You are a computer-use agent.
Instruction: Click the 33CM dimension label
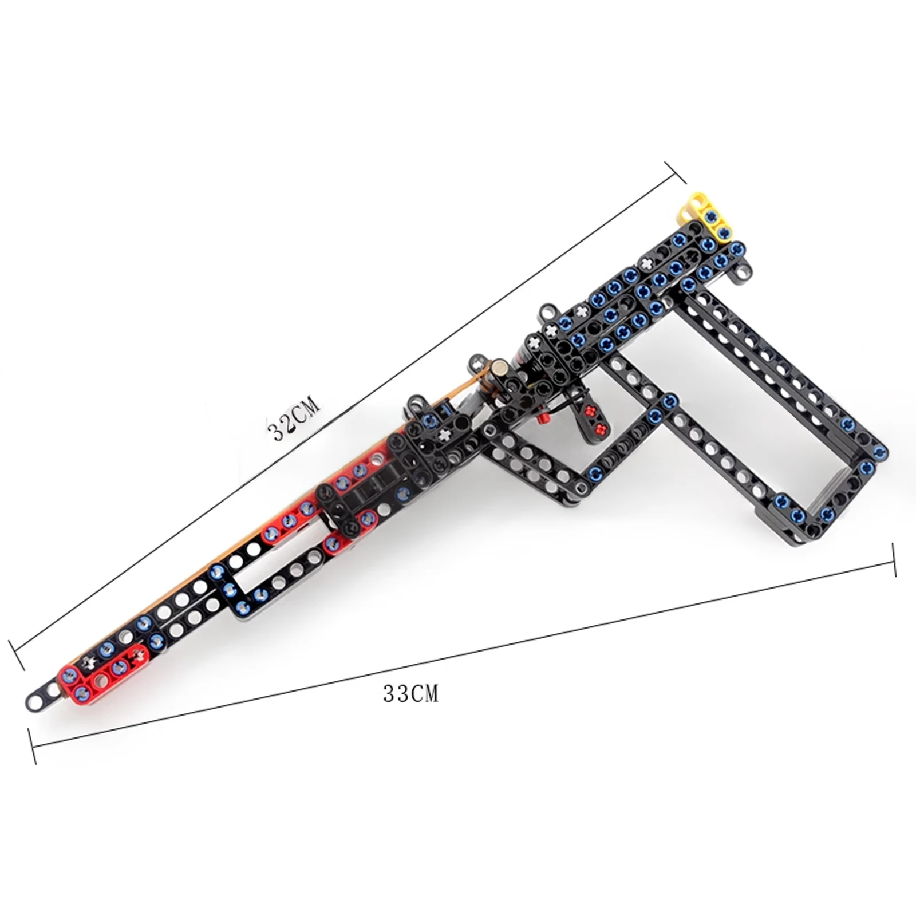(410, 694)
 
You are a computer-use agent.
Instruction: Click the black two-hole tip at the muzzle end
(43, 697)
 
